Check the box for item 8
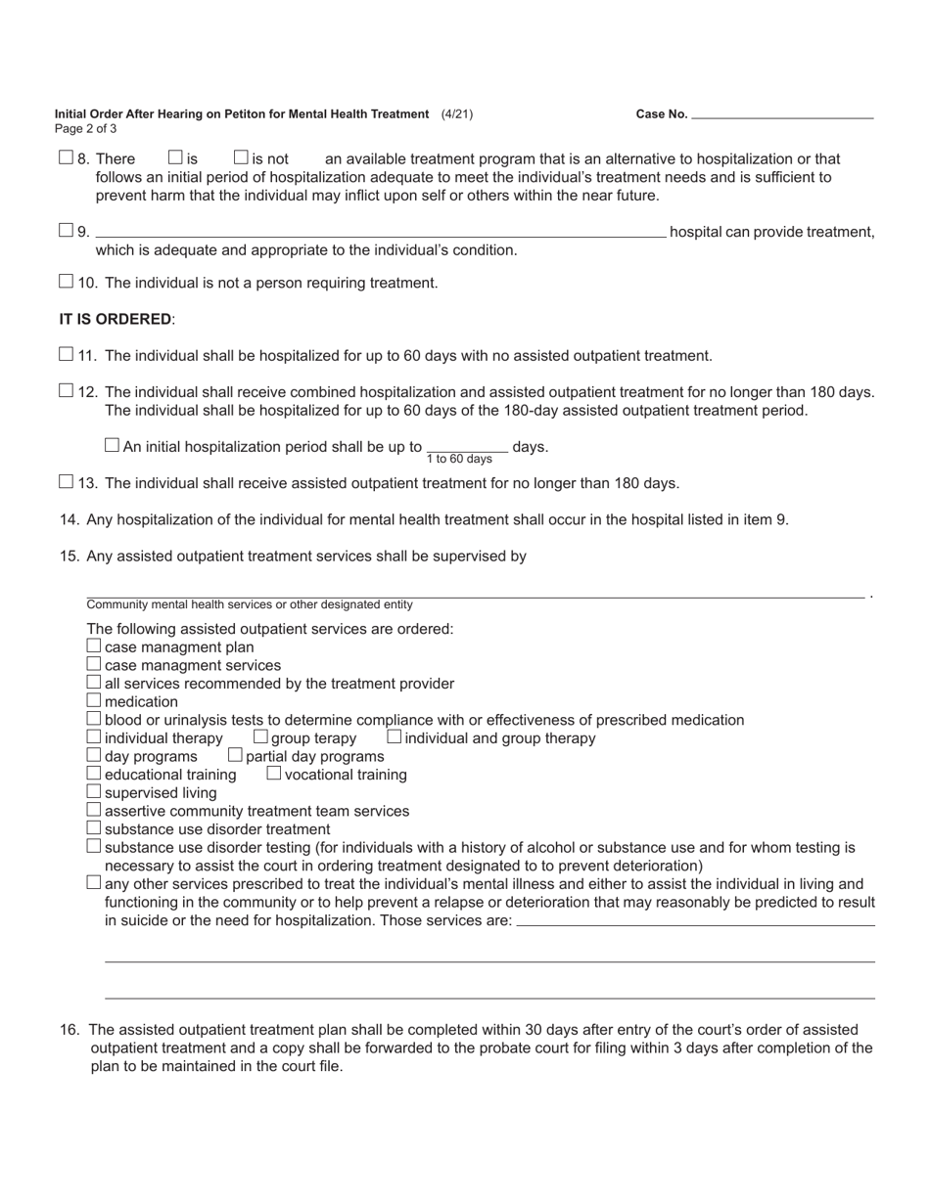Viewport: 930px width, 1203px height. coord(66,157)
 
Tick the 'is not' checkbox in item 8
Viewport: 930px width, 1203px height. coord(241,157)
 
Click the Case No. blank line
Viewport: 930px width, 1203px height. coord(782,115)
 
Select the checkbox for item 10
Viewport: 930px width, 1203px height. coord(66,282)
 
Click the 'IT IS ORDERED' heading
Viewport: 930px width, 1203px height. coord(116,319)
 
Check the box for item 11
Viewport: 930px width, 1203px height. coord(66,354)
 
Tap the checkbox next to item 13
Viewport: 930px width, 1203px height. coord(66,481)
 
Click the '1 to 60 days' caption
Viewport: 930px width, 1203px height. coord(459,460)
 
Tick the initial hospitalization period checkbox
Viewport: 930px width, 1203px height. coord(112,445)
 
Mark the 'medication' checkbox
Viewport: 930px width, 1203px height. coord(94,700)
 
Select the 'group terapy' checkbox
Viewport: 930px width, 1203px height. coord(260,736)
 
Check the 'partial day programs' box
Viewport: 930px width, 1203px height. coord(235,755)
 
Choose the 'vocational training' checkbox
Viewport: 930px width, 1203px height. coord(274,773)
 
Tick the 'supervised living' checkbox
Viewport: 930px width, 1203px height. coord(94,791)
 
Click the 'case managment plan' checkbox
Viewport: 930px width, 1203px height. coord(94,646)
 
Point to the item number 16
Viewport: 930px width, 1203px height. coord(70,1030)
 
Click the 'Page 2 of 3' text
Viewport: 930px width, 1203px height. coord(86,129)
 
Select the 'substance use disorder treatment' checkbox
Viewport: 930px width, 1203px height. coord(94,827)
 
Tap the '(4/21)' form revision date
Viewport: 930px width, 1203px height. coord(457,114)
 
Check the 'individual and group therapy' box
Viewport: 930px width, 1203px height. coord(394,736)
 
